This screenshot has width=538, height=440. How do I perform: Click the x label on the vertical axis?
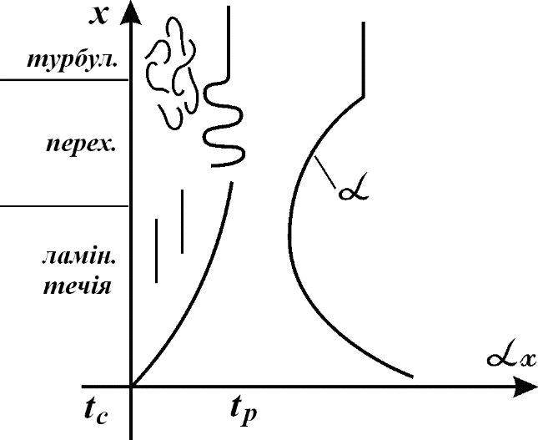coord(98,16)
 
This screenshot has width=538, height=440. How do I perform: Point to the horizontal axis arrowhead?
coord(525,387)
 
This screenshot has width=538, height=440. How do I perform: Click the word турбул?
coord(73,60)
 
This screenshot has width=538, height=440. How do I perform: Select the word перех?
coord(81,144)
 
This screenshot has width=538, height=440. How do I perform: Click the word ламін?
coord(79,256)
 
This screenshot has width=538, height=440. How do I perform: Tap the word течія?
coord(78,286)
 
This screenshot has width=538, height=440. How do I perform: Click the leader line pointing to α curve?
coord(325,173)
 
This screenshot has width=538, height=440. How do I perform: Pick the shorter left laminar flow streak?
coord(157,250)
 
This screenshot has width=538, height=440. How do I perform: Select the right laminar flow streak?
coord(182,221)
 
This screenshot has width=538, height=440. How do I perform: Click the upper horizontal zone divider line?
coord(64,79)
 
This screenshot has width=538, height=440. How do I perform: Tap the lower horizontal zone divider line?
coord(64,206)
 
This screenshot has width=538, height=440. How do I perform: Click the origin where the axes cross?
coord(131,387)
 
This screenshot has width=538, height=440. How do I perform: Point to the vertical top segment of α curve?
coord(364,59)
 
